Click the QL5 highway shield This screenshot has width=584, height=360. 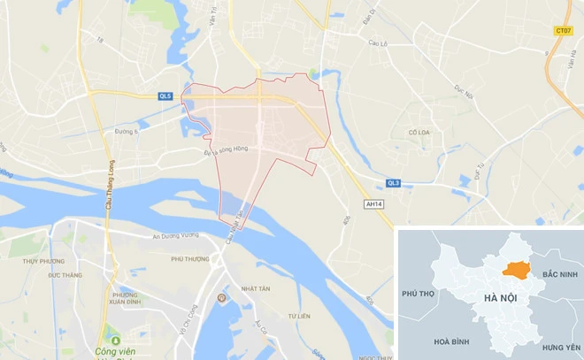165,96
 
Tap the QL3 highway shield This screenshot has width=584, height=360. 394,183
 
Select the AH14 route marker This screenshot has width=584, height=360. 375,203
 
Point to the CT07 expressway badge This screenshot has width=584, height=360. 563,30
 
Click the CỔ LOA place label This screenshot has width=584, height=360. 418,132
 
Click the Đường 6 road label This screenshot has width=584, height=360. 128,132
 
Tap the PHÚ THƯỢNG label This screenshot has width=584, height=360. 190,259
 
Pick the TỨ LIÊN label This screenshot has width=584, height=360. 301,316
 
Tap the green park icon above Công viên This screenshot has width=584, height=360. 113,341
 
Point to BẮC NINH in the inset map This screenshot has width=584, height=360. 560,276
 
